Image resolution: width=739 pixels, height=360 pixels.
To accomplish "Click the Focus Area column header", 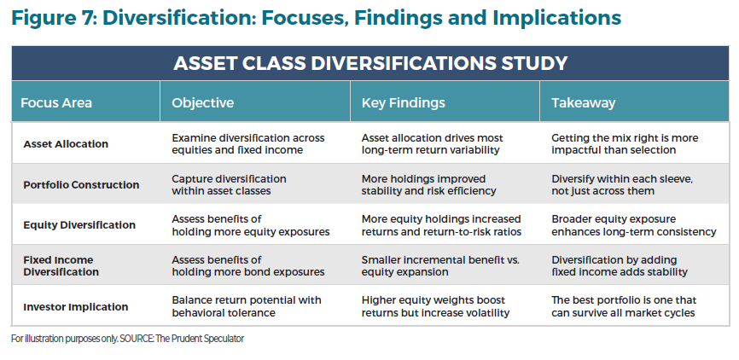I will [56, 103].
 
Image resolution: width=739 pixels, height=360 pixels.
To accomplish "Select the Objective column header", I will [202, 103].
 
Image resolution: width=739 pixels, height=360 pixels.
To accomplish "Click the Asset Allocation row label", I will [66, 143].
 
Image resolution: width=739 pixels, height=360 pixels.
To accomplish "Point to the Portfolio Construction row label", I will [81, 184].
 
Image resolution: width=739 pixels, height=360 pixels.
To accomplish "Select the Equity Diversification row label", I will [79, 225].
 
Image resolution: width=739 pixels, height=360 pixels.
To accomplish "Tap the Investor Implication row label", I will [76, 306].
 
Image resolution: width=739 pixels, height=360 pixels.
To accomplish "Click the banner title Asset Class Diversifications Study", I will [370, 63].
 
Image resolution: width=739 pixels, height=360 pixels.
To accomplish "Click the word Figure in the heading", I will [44, 17].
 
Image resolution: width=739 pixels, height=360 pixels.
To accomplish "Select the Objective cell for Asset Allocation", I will [247, 143].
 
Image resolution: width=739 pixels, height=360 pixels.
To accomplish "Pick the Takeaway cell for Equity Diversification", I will [635, 225].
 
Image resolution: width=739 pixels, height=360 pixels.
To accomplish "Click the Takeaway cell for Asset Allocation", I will [626, 143].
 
